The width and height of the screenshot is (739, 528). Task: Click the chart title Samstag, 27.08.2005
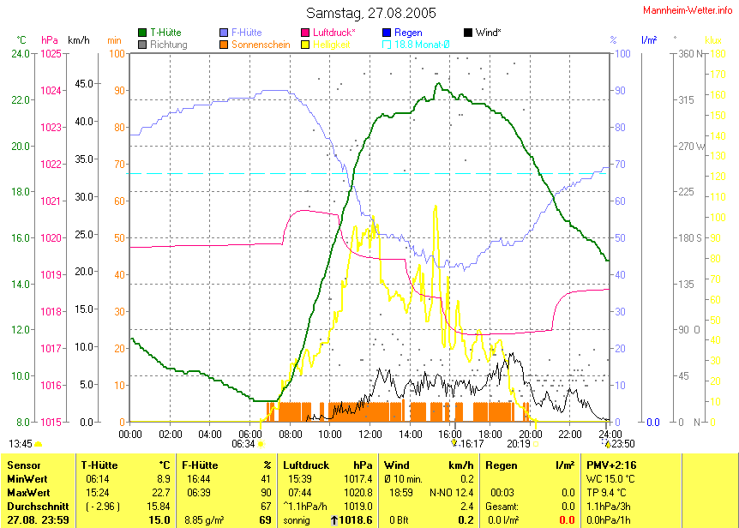(371, 13)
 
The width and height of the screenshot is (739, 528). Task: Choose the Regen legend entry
(408, 33)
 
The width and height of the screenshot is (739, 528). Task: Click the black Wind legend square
(467, 33)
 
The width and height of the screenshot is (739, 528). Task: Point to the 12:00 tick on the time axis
(370, 435)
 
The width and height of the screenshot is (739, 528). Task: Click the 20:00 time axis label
(529, 435)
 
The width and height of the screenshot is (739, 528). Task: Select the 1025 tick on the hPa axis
(51, 54)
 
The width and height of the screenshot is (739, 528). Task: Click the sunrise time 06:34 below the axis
(243, 444)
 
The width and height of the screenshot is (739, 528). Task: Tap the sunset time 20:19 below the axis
(518, 444)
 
